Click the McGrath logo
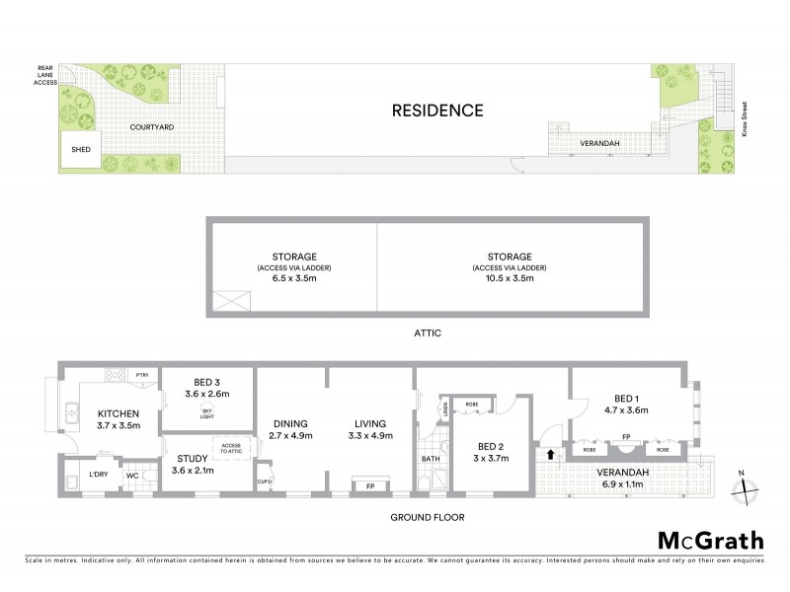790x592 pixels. point(710,540)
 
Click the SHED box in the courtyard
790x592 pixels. point(80,151)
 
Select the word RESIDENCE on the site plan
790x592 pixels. point(437,111)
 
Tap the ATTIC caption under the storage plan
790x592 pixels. point(427,333)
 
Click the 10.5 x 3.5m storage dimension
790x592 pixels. point(509,278)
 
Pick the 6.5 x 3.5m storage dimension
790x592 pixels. point(290,278)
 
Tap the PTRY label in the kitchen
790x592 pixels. point(142,374)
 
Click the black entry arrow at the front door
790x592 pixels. point(549,455)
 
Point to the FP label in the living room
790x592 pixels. point(370,485)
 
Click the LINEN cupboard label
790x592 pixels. point(445,407)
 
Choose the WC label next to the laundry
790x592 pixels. point(131,476)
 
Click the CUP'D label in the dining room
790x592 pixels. point(264,481)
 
